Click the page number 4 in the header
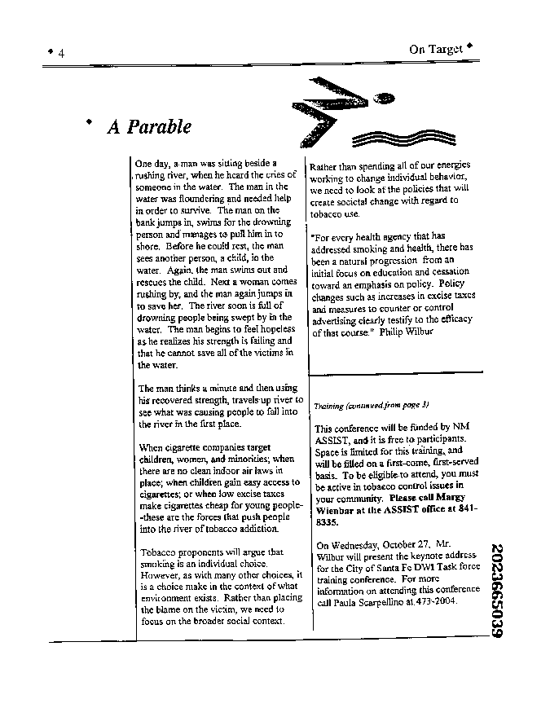click(62, 52)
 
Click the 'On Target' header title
click(435, 49)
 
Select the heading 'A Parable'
click(148, 127)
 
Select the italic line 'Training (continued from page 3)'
click(371, 405)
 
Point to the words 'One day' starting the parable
click(153, 163)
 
